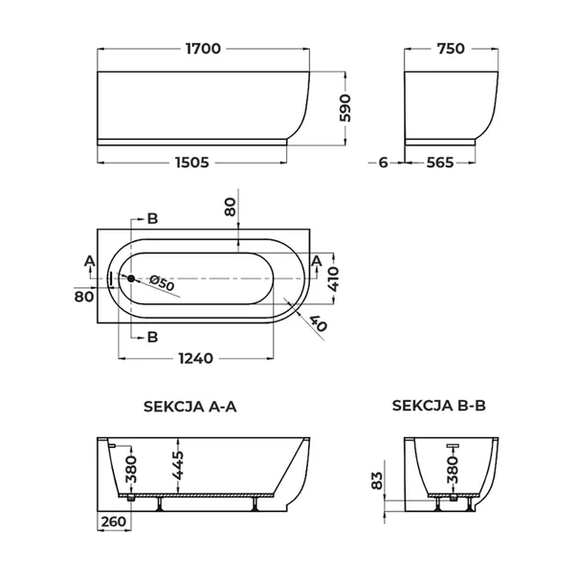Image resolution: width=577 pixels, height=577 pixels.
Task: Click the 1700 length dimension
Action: [203, 49]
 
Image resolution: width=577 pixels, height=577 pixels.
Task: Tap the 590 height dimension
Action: [345, 108]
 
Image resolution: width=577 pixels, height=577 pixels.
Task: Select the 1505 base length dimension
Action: [192, 163]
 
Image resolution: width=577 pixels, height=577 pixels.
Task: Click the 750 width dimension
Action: [451, 49]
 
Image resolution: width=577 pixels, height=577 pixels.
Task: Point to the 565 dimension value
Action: [440, 163]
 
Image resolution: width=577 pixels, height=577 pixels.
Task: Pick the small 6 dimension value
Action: [384, 163]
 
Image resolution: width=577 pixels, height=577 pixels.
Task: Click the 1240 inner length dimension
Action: [196, 358]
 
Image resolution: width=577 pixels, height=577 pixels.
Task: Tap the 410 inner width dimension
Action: [333, 279]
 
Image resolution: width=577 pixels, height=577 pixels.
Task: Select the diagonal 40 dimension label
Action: [319, 323]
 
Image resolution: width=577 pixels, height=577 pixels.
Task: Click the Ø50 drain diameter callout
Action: [162, 283]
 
